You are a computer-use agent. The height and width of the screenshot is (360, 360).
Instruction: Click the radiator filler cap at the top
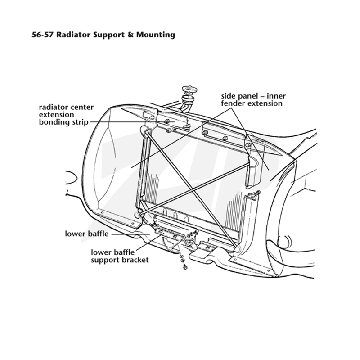point(188,90)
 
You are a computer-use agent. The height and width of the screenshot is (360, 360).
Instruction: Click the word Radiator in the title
point(73,35)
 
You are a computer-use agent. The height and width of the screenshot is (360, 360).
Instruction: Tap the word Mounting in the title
point(156,35)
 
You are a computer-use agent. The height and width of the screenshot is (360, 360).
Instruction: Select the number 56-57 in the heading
point(43,35)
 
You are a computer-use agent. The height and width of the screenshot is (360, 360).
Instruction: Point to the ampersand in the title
point(130,35)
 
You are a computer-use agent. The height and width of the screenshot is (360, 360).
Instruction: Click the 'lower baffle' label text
point(86,234)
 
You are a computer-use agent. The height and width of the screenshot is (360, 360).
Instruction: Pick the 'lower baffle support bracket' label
point(120,256)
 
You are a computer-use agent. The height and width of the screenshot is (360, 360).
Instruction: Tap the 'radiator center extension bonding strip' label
point(66,115)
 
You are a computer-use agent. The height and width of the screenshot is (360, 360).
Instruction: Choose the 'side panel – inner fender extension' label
point(253,99)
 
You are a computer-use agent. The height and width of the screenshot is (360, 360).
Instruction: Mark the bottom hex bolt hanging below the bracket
point(185,267)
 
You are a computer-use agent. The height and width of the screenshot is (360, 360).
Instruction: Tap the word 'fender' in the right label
point(233,103)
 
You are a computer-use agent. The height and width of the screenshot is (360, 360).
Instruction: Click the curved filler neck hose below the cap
point(185,103)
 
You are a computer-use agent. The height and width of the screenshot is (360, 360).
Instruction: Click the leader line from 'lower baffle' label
point(131,234)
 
